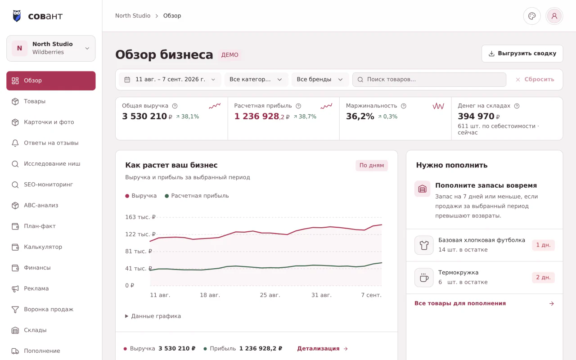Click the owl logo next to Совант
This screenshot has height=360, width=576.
17,16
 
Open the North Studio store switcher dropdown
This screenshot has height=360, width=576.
51,48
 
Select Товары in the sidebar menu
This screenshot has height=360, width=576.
35,101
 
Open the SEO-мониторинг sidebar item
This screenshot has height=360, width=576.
48,184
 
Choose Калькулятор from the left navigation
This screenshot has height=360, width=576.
43,247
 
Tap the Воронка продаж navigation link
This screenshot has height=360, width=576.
49,309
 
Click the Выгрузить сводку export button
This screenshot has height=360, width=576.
522,54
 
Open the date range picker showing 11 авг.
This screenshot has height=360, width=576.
170,80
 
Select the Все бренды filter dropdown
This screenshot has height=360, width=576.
320,80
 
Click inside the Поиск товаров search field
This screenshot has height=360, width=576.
429,80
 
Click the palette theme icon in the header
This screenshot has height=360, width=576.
532,16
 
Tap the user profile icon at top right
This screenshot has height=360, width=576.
554,16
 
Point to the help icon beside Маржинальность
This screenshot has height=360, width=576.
404,106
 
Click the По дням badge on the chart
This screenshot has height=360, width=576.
372,165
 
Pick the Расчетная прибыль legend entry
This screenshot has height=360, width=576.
197,196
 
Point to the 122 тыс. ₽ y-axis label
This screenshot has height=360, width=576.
140,234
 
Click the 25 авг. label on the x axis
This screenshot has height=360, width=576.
270,295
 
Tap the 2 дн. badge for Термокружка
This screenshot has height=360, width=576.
543,278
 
